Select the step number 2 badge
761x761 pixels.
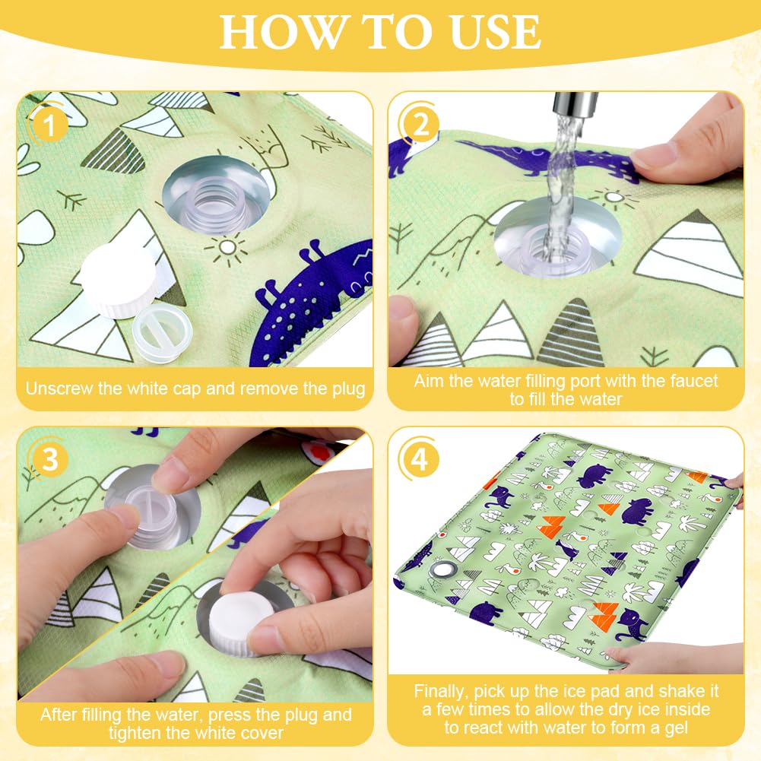point(420,125)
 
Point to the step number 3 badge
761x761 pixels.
point(49,459)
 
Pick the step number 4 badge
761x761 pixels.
point(420,459)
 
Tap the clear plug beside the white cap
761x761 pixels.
point(162,333)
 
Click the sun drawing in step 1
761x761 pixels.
point(227,248)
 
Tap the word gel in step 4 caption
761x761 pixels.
point(676,729)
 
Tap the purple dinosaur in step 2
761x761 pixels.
point(548,158)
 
